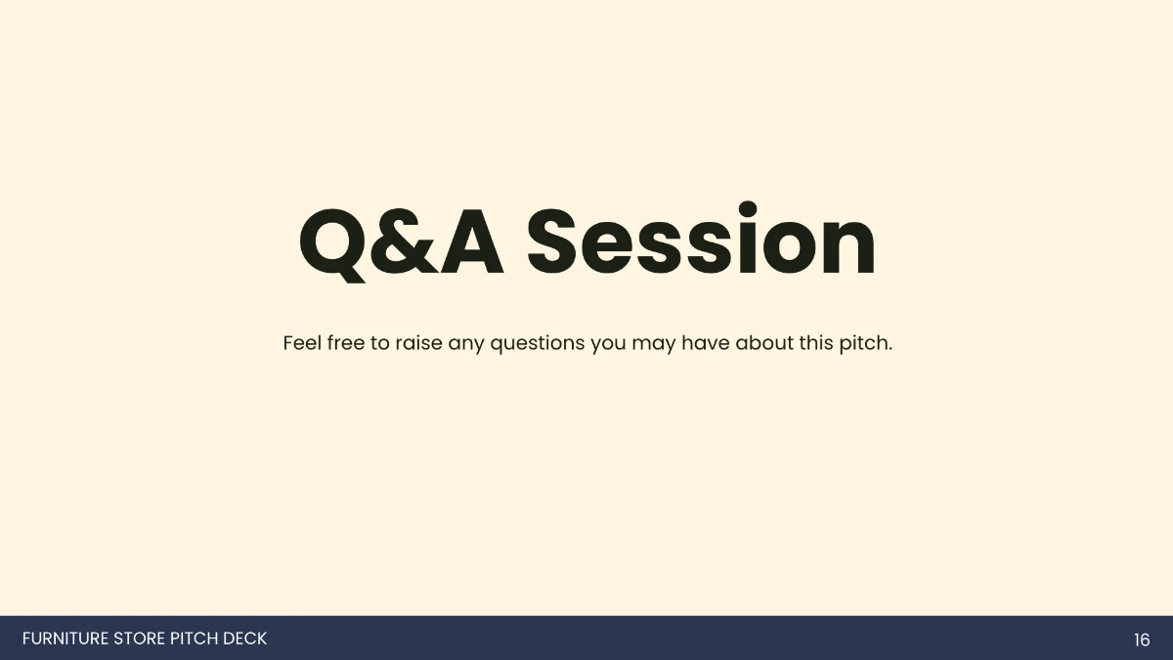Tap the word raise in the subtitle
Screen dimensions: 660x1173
[x=419, y=344]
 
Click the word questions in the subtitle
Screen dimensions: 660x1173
[x=537, y=345]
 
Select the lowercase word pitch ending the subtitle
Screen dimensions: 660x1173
[x=865, y=344]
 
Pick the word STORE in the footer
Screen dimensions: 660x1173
[x=140, y=639]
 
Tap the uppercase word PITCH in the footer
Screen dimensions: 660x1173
[x=194, y=639]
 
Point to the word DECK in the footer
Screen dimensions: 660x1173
[x=244, y=639]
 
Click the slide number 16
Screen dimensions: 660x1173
[x=1142, y=640]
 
